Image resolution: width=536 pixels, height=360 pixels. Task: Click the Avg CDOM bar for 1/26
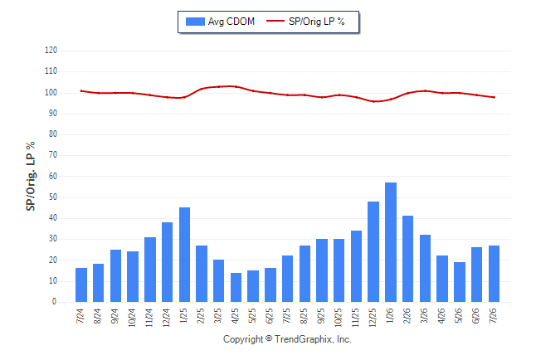click(x=391, y=242)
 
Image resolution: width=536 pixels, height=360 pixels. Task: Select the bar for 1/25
click(x=184, y=255)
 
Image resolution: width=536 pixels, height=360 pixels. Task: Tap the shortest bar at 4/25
click(x=236, y=288)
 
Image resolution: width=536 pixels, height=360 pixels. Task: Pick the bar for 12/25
click(x=373, y=251)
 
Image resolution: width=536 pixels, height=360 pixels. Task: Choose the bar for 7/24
click(x=81, y=285)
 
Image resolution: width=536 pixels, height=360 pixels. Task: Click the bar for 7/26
click(x=494, y=274)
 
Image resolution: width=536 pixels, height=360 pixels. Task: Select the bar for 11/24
click(x=150, y=270)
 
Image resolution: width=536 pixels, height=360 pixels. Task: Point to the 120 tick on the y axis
click(x=51, y=51)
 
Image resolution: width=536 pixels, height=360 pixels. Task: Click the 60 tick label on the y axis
click(x=53, y=177)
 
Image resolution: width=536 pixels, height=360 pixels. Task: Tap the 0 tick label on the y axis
click(x=55, y=302)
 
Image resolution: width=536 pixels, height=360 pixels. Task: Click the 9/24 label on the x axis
click(x=115, y=316)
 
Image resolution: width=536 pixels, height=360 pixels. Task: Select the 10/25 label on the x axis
click(x=338, y=318)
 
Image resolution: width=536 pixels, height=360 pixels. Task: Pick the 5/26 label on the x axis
click(x=458, y=316)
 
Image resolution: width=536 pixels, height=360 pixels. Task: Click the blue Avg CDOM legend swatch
click(x=195, y=22)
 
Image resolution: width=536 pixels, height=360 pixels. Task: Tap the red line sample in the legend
click(x=275, y=22)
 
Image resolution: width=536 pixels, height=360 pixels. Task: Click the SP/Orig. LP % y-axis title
click(x=31, y=176)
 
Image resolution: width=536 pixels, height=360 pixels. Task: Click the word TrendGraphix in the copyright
click(x=304, y=339)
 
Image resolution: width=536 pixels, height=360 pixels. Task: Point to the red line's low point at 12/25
click(x=373, y=101)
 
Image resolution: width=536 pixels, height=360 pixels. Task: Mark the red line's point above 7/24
click(x=81, y=91)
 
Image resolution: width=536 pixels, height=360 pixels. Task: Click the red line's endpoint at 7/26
click(x=495, y=97)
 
